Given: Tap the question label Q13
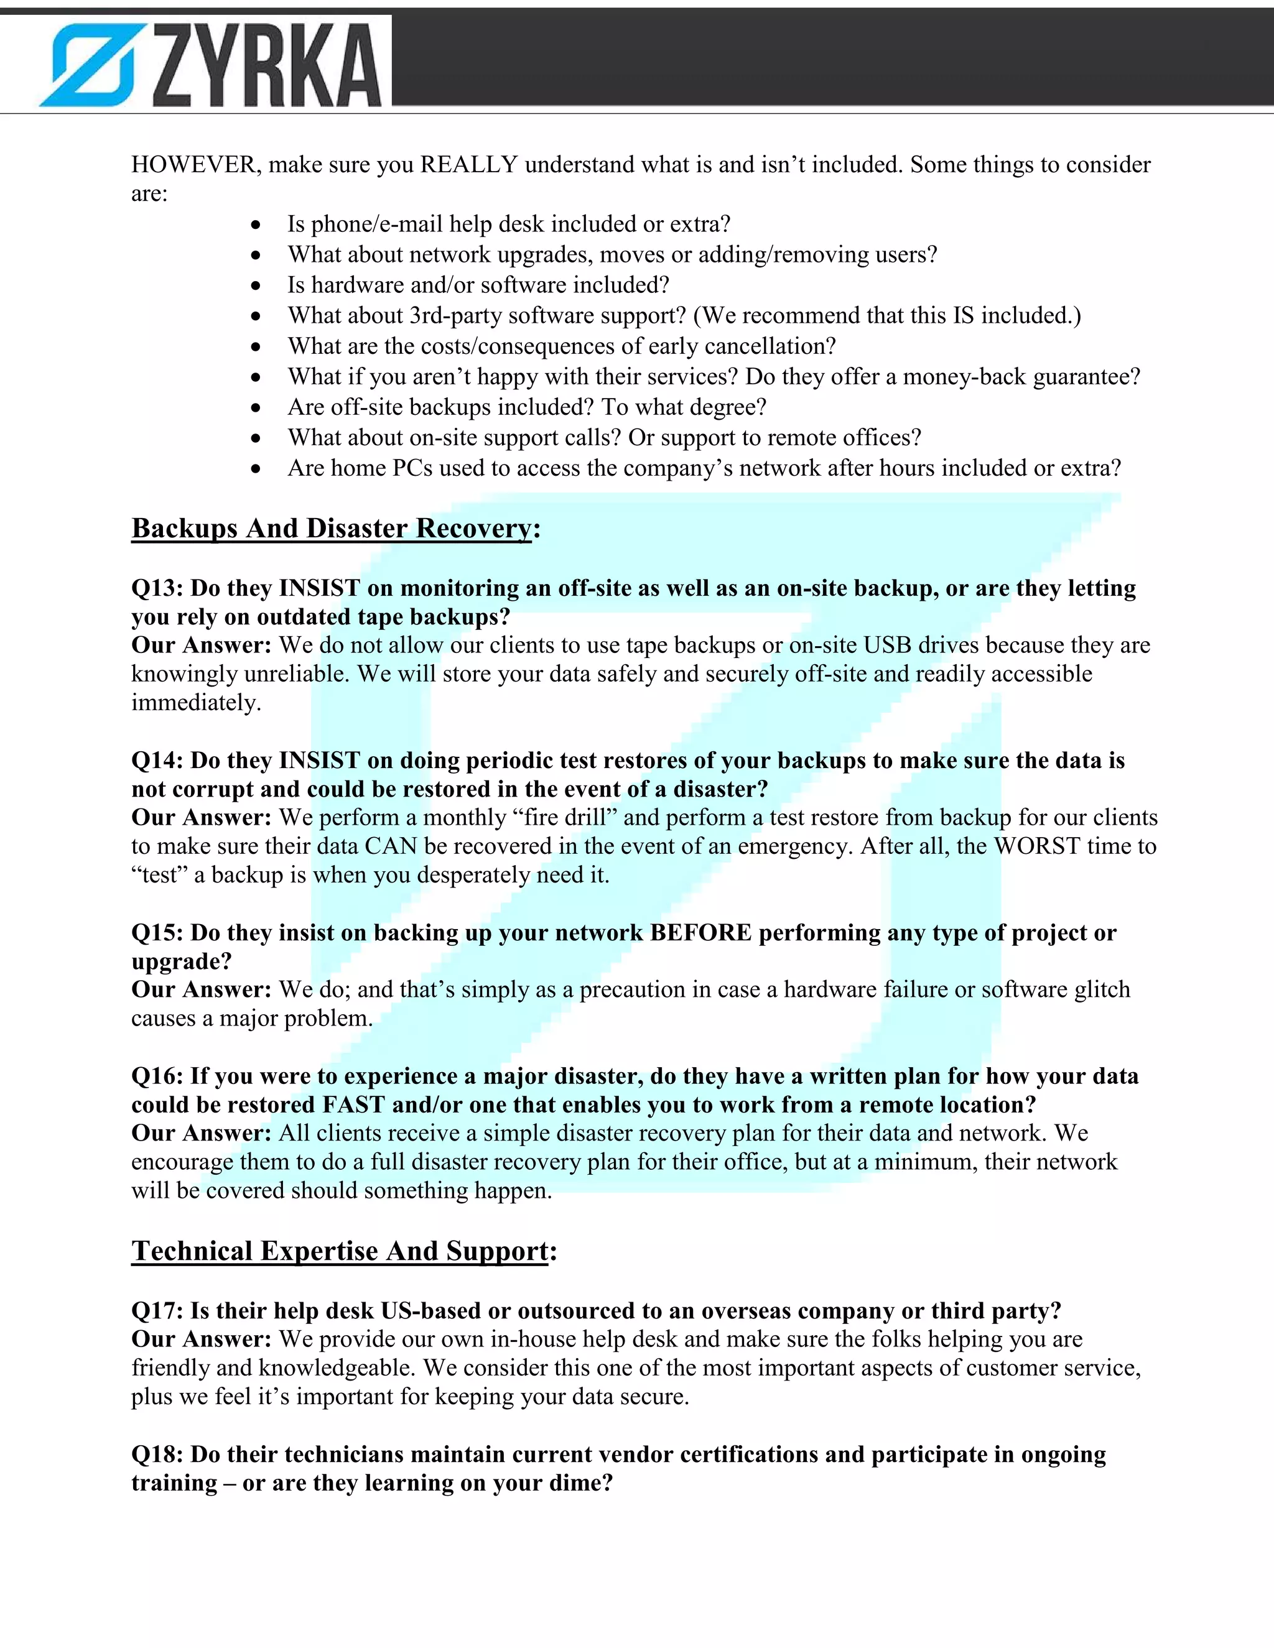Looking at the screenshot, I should [x=156, y=588].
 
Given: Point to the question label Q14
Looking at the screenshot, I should [x=156, y=761].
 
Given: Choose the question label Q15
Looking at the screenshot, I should [x=156, y=933].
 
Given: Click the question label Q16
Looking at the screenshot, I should [x=156, y=1076].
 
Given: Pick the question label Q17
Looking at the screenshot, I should [x=156, y=1311].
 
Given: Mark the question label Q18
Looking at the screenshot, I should [x=156, y=1455].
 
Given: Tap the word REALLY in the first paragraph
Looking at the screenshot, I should [x=468, y=165].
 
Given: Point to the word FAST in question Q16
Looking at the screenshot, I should [x=354, y=1104].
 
